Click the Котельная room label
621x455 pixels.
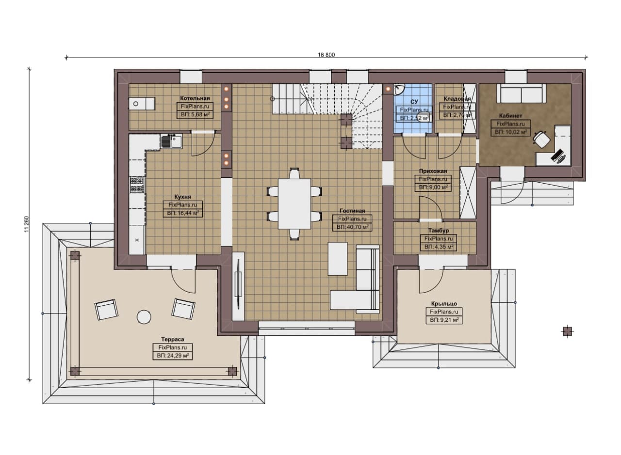tap(195, 98)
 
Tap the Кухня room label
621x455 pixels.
tap(182, 197)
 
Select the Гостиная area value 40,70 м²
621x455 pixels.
tap(352, 227)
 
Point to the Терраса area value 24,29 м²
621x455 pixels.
tap(172, 356)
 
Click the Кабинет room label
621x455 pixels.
tap(510, 116)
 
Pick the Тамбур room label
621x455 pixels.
tap(438, 231)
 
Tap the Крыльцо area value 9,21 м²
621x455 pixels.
tap(444, 320)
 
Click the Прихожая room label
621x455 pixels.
tap(433, 171)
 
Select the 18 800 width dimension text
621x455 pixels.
tap(326, 55)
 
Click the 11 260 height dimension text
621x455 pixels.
tap(27, 224)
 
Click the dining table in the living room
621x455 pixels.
tap(294, 204)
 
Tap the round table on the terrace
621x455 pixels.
tap(144, 316)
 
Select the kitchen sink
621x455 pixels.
tap(172, 141)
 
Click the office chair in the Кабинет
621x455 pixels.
tap(541, 139)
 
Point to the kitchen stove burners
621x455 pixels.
tap(137, 185)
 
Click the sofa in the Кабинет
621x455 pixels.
tap(521, 94)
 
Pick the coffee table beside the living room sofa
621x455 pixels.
tap(337, 259)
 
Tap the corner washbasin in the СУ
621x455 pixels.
tap(399, 88)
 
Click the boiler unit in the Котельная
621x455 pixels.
tap(141, 104)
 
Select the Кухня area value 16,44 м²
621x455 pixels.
tap(182, 213)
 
